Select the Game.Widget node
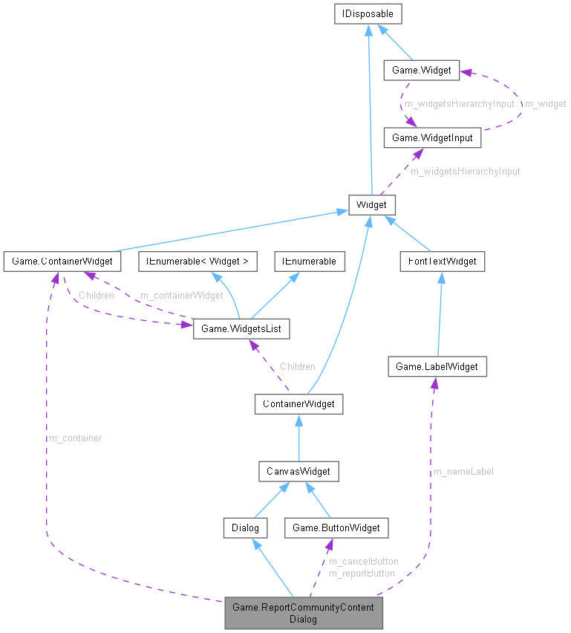coord(422,71)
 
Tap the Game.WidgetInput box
coord(431,137)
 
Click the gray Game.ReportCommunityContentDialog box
coord(304,613)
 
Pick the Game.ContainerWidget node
coord(62,261)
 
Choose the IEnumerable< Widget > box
coord(198,261)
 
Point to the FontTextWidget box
coord(442,261)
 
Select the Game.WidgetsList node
coord(241,328)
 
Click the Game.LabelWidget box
coord(437,366)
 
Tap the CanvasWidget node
coord(298,470)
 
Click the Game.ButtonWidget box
coord(336,527)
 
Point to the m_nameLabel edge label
coord(463,471)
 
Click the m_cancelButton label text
coord(363,562)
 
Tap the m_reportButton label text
coord(362,573)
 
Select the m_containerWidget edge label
coord(181,295)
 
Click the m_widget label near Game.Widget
coord(545,104)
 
